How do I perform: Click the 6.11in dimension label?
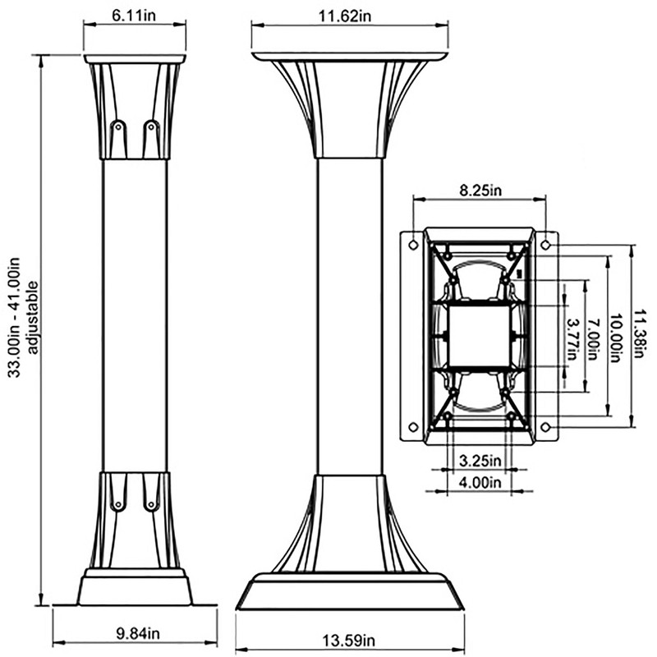[x=135, y=15]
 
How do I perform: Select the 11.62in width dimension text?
[x=350, y=15]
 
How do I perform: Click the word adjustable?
[x=34, y=317]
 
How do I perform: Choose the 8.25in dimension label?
[x=480, y=191]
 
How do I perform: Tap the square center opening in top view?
[x=479, y=334]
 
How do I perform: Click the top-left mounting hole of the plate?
[x=413, y=244]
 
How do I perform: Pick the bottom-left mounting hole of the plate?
[x=413, y=426]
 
